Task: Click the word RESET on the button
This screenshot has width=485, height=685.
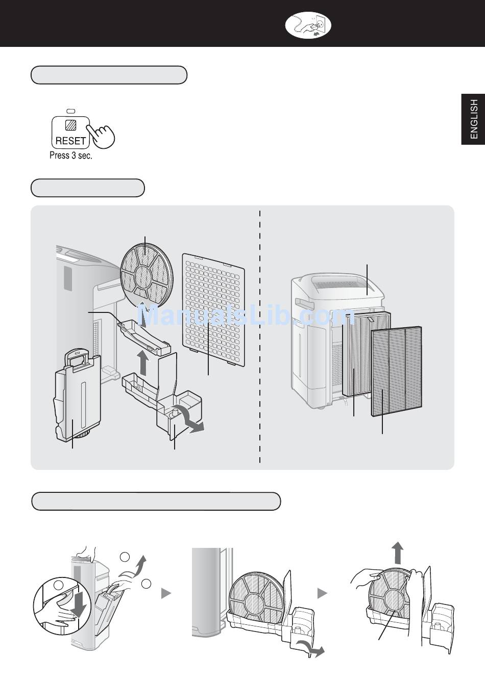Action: (70, 141)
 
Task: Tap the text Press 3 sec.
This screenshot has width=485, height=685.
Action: (71, 155)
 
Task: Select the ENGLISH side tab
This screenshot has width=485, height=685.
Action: (473, 119)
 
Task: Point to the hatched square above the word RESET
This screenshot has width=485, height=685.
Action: (71, 124)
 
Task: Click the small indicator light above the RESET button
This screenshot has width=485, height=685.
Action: (71, 111)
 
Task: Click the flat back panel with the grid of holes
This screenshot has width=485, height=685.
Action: (213, 309)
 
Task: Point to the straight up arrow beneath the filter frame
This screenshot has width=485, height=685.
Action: (143, 363)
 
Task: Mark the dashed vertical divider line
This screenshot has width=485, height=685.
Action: (260, 336)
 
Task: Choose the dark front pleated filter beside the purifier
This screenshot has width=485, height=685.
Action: (397, 372)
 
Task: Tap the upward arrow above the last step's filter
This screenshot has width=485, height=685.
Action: (398, 552)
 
